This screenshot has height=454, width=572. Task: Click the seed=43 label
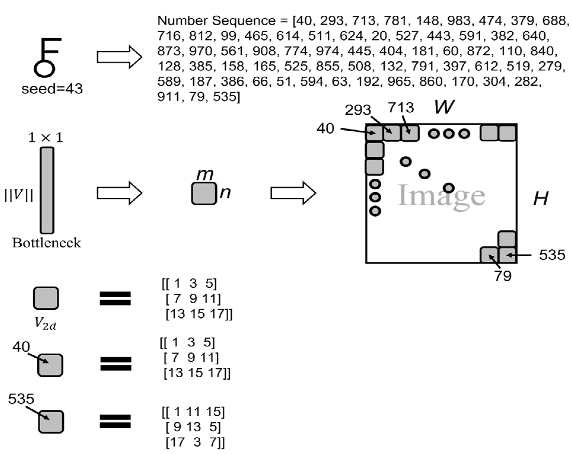[x=52, y=89]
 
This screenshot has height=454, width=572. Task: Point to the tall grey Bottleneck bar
[x=47, y=190]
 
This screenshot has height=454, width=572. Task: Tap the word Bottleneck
[x=47, y=243]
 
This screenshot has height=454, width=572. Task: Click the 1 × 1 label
[x=46, y=138]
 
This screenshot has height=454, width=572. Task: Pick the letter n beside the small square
[x=225, y=193]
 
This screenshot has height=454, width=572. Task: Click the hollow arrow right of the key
[x=119, y=57]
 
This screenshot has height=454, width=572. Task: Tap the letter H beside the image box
[x=540, y=199]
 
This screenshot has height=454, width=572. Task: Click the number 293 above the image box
[x=358, y=110]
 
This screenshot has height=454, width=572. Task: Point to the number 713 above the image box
[x=401, y=108]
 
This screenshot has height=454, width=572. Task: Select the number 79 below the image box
[x=503, y=276]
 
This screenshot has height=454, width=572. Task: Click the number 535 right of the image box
[x=552, y=255]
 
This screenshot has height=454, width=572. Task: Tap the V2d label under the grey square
[x=45, y=323]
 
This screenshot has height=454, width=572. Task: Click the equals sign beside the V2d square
[x=115, y=298]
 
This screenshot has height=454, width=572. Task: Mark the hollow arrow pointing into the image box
[x=293, y=193]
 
